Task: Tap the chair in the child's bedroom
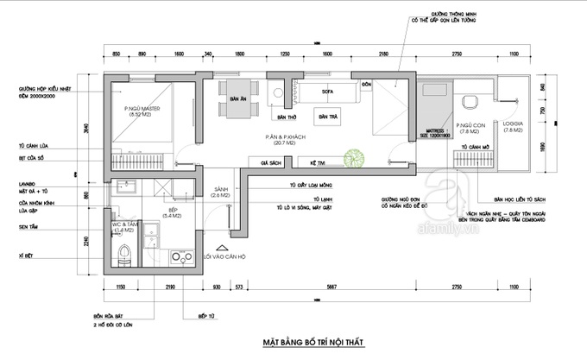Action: (469, 101)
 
